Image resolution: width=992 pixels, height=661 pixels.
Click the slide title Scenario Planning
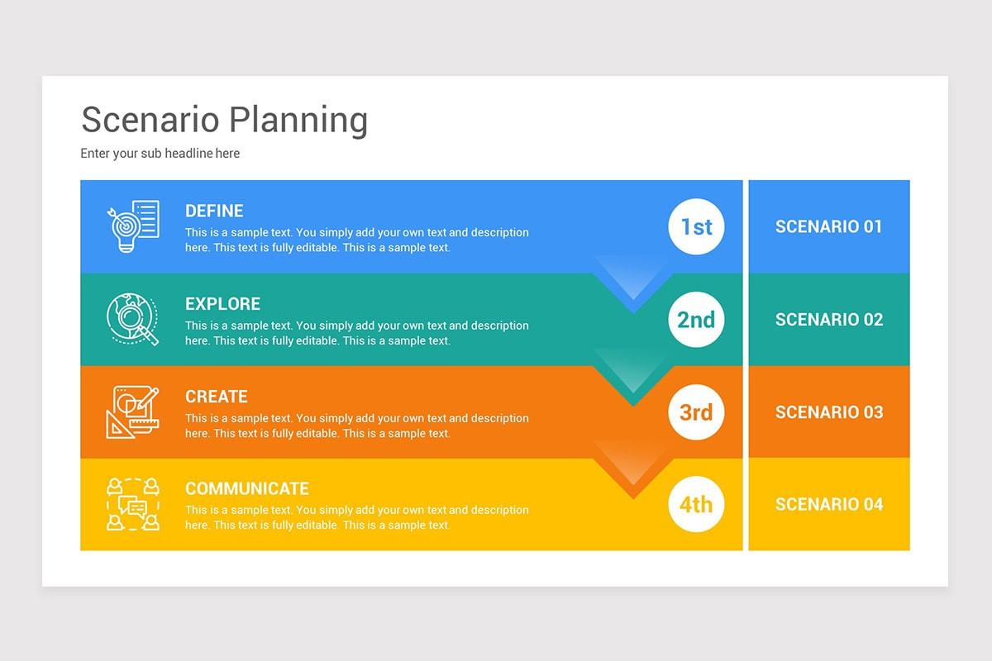(x=224, y=120)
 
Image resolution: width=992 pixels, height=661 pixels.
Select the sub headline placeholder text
(x=160, y=153)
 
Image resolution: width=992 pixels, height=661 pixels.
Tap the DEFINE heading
(x=214, y=211)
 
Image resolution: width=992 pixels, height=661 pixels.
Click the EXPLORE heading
(x=222, y=303)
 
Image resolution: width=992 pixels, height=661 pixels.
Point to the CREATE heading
(x=217, y=396)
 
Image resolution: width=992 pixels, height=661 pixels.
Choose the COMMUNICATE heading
(x=247, y=488)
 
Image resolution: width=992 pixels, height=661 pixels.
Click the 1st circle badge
(x=696, y=226)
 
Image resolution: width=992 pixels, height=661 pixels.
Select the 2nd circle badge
(x=696, y=319)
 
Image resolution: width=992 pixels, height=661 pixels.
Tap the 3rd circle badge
(x=696, y=411)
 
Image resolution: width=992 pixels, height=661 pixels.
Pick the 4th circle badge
(x=696, y=504)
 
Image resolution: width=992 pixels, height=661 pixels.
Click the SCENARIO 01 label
(x=828, y=226)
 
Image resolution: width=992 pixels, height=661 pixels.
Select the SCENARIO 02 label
(x=828, y=319)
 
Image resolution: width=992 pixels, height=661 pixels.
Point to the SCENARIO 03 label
(x=828, y=411)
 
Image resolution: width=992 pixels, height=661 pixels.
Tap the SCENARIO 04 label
(x=828, y=504)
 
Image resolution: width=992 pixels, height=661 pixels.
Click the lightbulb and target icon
(x=132, y=226)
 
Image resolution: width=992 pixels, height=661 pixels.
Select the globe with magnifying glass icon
(x=132, y=319)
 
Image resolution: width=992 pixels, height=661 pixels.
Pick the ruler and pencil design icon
(x=132, y=411)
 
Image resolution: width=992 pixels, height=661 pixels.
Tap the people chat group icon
(x=132, y=504)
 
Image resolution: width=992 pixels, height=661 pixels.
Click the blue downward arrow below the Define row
(x=632, y=285)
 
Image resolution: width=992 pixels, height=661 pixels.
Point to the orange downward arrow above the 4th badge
(x=632, y=471)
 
